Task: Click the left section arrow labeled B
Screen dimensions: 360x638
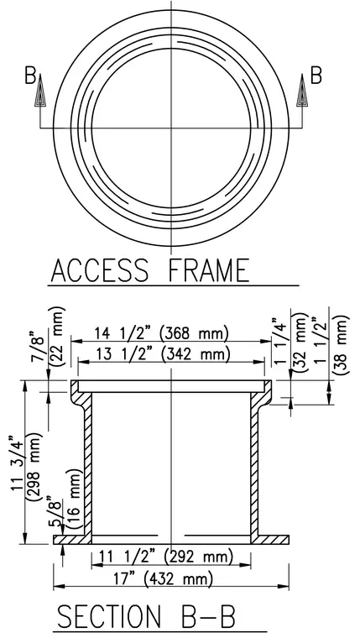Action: coord(40,91)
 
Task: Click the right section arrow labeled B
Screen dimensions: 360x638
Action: coord(302,91)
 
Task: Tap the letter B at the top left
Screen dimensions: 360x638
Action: coord(30,76)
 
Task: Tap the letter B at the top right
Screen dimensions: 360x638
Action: coord(316,76)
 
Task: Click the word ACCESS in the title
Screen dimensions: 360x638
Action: coord(100,270)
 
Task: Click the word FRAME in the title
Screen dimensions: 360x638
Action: coord(209,270)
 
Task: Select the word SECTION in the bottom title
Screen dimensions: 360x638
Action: coord(108,616)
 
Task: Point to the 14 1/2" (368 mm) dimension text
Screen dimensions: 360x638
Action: coord(161,334)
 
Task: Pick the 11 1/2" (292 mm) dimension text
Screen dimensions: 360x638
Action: coord(165,557)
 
